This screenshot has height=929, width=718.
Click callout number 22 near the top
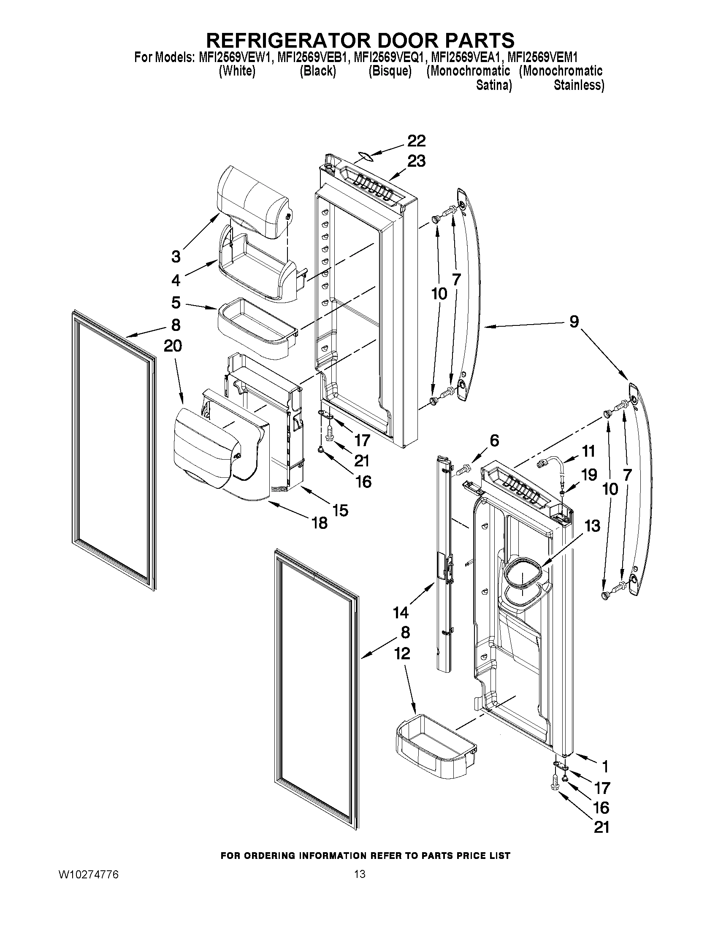pyautogui.click(x=417, y=141)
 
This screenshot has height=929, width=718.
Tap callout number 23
pyautogui.click(x=417, y=162)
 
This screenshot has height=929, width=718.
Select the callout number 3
pyautogui.click(x=176, y=257)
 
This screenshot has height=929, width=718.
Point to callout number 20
pyautogui.click(x=173, y=346)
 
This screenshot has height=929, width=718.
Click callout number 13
pyautogui.click(x=593, y=526)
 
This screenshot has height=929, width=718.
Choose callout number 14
pyautogui.click(x=401, y=612)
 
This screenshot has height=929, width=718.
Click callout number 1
pyautogui.click(x=604, y=766)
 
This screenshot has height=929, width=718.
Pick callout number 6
pyautogui.click(x=494, y=441)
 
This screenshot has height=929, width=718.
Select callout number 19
pyautogui.click(x=589, y=475)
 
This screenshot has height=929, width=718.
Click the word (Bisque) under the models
pyautogui.click(x=390, y=71)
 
